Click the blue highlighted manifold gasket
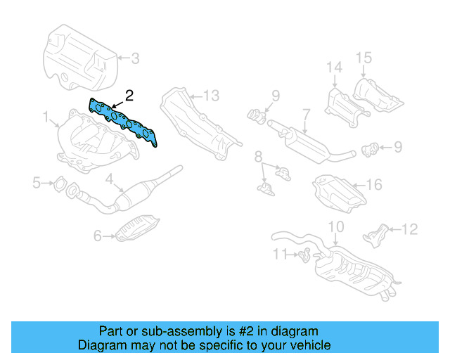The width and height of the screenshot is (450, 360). click(x=124, y=122)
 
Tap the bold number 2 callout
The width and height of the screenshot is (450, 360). click(x=128, y=94)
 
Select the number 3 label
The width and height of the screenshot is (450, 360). click(x=135, y=58)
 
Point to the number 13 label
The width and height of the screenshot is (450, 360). click(x=212, y=95)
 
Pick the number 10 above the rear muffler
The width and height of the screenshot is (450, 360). click(x=336, y=226)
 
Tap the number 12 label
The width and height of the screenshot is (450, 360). click(x=410, y=229)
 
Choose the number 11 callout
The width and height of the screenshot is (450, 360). click(x=280, y=253)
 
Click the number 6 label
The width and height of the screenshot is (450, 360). click(x=98, y=236)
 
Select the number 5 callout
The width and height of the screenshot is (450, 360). click(x=37, y=184)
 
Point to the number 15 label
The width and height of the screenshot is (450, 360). click(x=363, y=58)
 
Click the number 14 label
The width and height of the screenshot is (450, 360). click(x=333, y=67)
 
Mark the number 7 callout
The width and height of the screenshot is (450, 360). click(x=307, y=112)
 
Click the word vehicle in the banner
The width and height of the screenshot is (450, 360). click(x=305, y=345)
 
